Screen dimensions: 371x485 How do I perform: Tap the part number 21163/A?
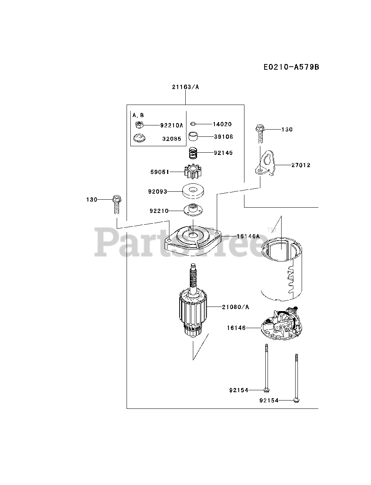tap(185, 87)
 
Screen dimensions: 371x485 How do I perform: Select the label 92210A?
tap(171, 125)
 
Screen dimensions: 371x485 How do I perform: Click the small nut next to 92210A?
tap(139, 125)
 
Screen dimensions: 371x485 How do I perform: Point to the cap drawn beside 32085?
tap(139, 138)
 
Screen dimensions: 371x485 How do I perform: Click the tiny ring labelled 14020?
tap(193, 124)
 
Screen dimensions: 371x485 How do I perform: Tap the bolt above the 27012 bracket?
tap(260, 133)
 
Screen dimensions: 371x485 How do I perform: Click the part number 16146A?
tap(248, 236)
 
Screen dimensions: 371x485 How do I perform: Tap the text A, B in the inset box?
tap(138, 115)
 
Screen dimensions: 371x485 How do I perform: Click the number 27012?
tap(301, 165)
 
